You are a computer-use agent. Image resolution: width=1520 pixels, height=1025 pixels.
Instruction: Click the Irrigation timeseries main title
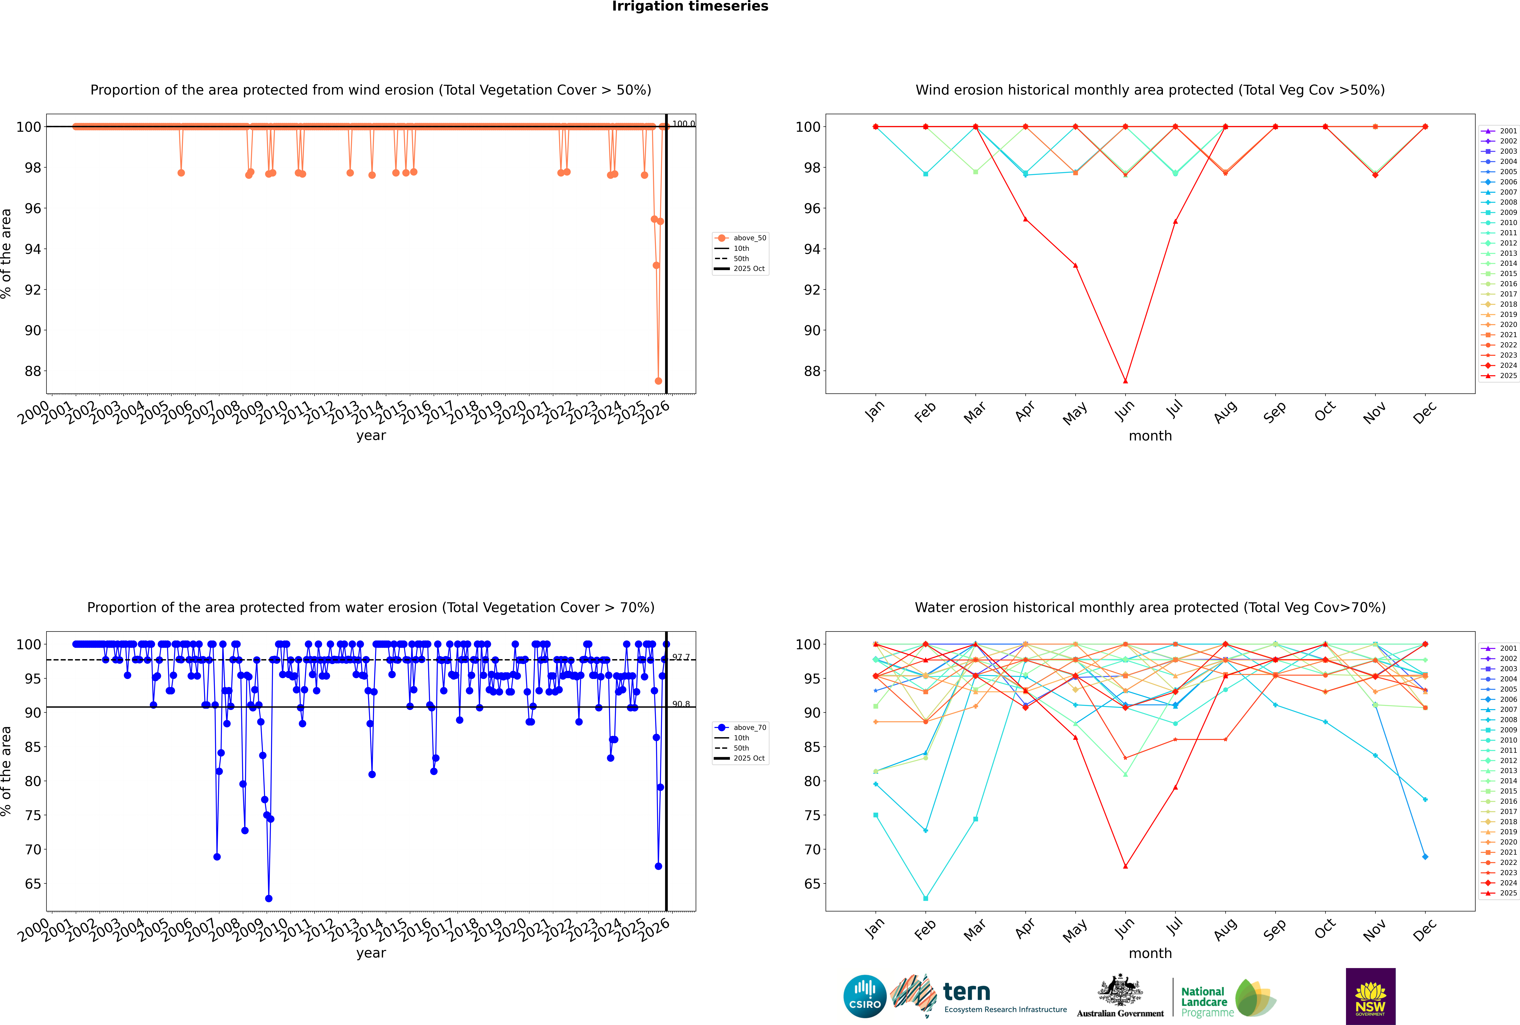690,6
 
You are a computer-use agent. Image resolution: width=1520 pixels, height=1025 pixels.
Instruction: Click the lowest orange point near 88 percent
658,381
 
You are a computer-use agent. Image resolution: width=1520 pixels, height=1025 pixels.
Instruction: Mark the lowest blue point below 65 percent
269,899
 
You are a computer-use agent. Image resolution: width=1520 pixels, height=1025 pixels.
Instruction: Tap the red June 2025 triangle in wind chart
1125,381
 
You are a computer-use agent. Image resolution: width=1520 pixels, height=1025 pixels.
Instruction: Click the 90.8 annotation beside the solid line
681,704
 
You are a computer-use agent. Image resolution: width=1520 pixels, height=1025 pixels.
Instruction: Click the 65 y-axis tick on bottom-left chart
33,884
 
